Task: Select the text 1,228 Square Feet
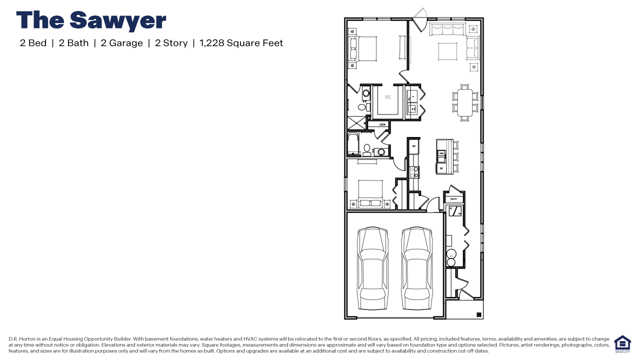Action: point(241,43)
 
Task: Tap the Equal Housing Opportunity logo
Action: point(622,344)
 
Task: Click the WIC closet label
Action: point(388,97)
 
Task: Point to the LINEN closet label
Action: point(382,124)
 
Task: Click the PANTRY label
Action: point(453,199)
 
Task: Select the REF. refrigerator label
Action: point(414,146)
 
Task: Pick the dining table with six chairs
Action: point(464,102)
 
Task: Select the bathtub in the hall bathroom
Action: point(352,144)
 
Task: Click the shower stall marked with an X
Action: point(356,123)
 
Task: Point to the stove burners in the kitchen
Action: point(414,172)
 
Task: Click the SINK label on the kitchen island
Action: point(441,154)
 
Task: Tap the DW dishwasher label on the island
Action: point(441,168)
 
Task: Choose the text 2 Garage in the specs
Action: point(121,43)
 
